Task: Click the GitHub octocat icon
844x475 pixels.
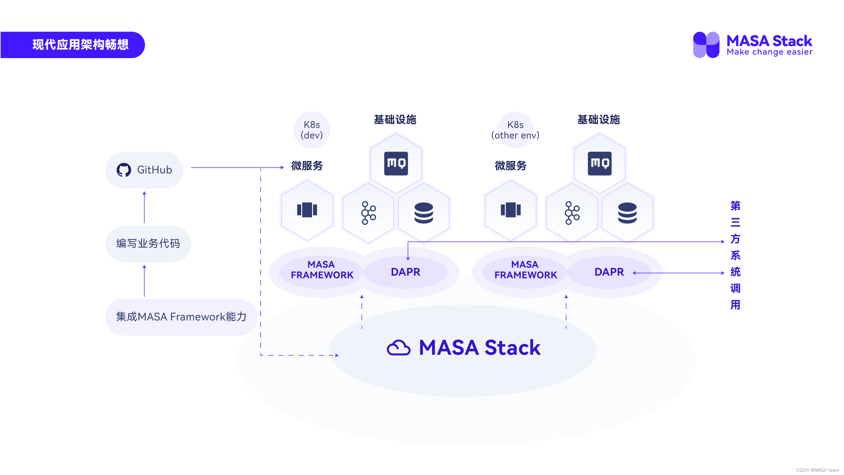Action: [124, 170]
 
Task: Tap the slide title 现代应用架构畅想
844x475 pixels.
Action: [80, 45]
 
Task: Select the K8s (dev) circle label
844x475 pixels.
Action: [311, 130]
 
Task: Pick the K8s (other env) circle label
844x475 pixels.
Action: [515, 130]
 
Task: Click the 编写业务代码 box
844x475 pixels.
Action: [148, 244]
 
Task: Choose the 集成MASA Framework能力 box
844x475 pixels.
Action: [181, 317]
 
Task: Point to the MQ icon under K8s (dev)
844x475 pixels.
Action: [396, 163]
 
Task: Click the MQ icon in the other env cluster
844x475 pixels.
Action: [599, 163]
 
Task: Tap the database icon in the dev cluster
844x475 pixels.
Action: [423, 213]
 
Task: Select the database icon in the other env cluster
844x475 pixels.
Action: [627, 213]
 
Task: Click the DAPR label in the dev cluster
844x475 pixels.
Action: [405, 272]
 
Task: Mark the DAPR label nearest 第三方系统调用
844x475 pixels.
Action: [609, 272]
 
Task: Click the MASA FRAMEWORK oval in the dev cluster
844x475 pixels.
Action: [322, 270]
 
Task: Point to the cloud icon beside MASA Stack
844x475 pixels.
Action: [398, 348]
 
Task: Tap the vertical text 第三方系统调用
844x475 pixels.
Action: [735, 255]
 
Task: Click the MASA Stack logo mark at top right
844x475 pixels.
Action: [706, 45]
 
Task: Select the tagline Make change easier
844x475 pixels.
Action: [770, 52]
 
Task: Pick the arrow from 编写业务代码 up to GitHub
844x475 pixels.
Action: [144, 207]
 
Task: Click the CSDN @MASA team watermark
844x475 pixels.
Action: [817, 470]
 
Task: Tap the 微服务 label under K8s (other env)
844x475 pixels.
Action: [510, 165]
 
